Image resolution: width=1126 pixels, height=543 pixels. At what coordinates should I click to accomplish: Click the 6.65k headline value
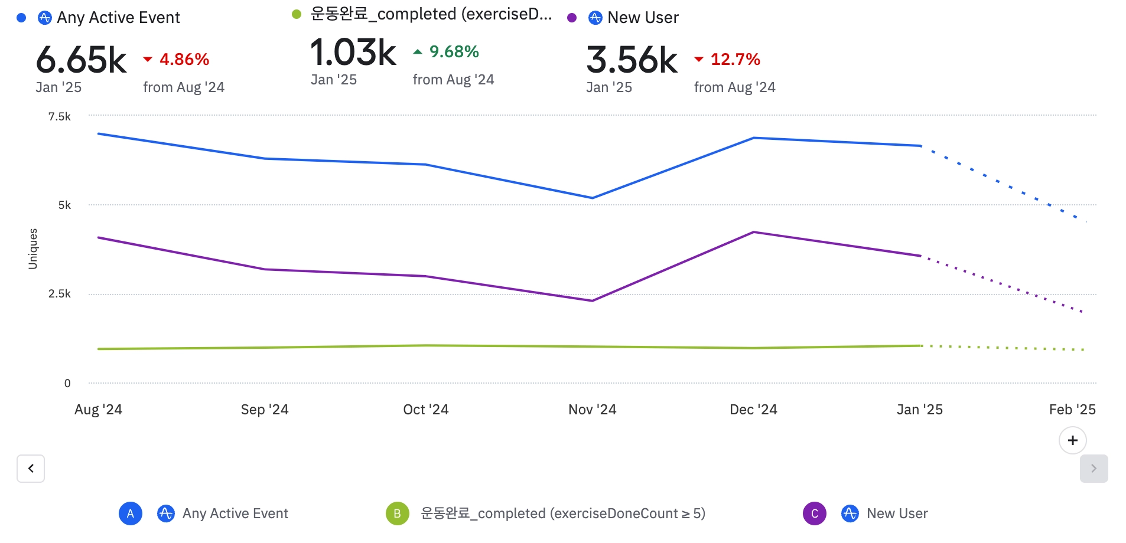[x=82, y=60]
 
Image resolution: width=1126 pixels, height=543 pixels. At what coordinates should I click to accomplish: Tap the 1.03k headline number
[x=353, y=53]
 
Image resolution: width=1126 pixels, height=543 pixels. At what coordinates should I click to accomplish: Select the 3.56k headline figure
[x=632, y=60]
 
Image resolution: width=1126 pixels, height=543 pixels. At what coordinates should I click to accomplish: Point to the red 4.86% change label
[x=184, y=60]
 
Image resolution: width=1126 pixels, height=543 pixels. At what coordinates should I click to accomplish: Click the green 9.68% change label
[x=454, y=52]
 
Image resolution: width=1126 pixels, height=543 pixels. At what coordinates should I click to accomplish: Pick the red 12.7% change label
[x=735, y=60]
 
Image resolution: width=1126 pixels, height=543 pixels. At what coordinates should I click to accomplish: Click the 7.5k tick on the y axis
[x=60, y=117]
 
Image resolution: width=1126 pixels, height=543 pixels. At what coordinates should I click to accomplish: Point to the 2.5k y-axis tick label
[x=60, y=294]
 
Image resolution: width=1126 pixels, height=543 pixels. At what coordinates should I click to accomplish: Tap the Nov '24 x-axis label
[x=592, y=410]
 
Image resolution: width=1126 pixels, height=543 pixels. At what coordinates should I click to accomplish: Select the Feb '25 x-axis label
[x=1072, y=410]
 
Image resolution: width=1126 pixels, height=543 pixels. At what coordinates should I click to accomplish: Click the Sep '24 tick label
[x=265, y=410]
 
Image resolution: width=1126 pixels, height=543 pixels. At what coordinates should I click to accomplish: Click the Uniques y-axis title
[x=33, y=249]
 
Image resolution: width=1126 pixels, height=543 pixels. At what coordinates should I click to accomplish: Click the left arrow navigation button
[x=31, y=469]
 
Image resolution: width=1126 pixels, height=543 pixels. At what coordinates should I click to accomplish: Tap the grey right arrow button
[x=1094, y=469]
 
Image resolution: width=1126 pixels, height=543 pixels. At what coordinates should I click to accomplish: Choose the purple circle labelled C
[x=814, y=513]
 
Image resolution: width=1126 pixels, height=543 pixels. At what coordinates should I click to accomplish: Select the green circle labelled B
[x=397, y=513]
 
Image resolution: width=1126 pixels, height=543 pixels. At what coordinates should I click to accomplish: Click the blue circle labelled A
[x=131, y=513]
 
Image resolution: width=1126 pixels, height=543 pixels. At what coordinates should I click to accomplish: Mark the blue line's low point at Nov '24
[x=592, y=198]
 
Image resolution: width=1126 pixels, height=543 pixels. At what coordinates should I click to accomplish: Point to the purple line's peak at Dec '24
[x=753, y=232]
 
